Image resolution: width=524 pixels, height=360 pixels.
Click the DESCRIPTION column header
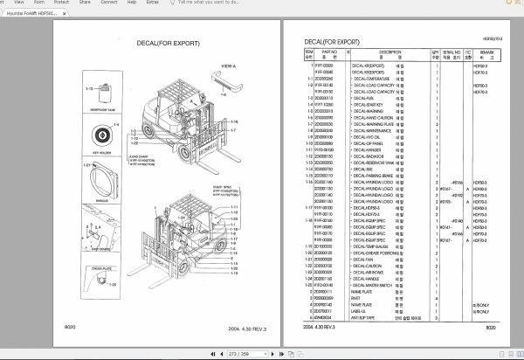coord(376,54)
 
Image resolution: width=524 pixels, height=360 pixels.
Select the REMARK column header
coord(482,54)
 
